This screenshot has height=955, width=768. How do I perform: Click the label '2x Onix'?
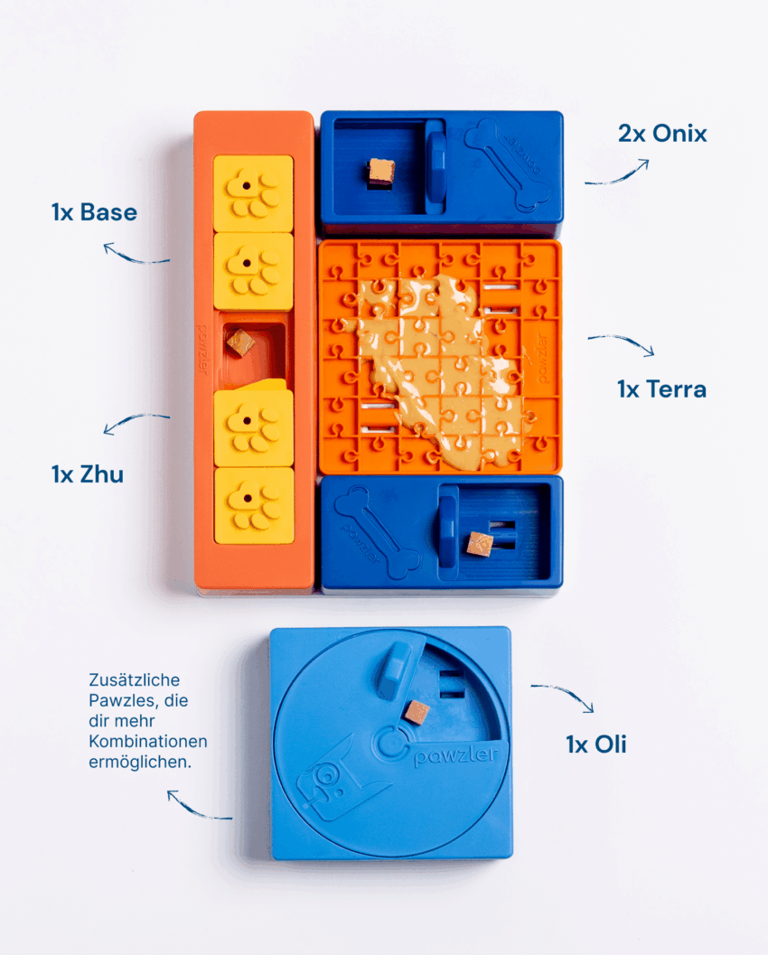[x=662, y=134]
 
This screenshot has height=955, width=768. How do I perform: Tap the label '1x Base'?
[x=94, y=212]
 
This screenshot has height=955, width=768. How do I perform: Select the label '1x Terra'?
[x=661, y=389]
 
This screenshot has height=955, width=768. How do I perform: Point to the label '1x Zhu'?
[x=87, y=473]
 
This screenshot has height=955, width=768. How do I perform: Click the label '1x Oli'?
[x=595, y=744]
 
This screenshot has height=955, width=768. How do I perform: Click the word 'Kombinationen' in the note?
[x=148, y=741]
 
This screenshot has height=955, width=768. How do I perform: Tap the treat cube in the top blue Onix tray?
[x=380, y=173]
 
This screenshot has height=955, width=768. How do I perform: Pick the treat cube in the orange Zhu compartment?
[x=240, y=343]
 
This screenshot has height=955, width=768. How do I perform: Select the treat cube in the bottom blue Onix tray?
[x=479, y=544]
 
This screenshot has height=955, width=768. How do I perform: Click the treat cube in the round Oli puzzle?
[x=417, y=713]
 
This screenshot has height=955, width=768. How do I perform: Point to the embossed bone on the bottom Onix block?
[x=378, y=532]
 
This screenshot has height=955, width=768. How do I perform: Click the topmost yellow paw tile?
[x=253, y=193]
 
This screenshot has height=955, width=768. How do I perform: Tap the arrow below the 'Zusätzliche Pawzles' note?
[x=195, y=809]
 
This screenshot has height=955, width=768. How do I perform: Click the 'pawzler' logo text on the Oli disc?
[x=455, y=755]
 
